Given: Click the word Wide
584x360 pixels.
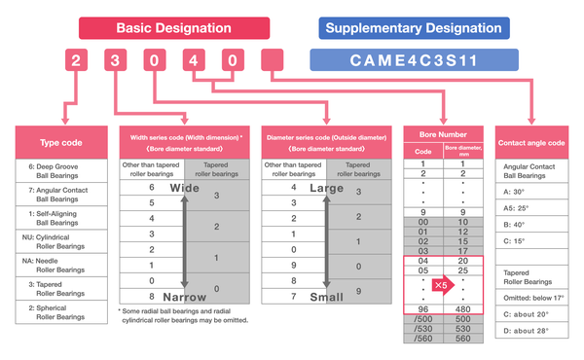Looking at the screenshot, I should (x=185, y=188).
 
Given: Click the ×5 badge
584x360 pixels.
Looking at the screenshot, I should (x=443, y=286).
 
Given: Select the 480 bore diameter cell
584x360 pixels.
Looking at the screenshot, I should (x=463, y=309).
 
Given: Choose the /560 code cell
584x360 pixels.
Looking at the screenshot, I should (x=423, y=338).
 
